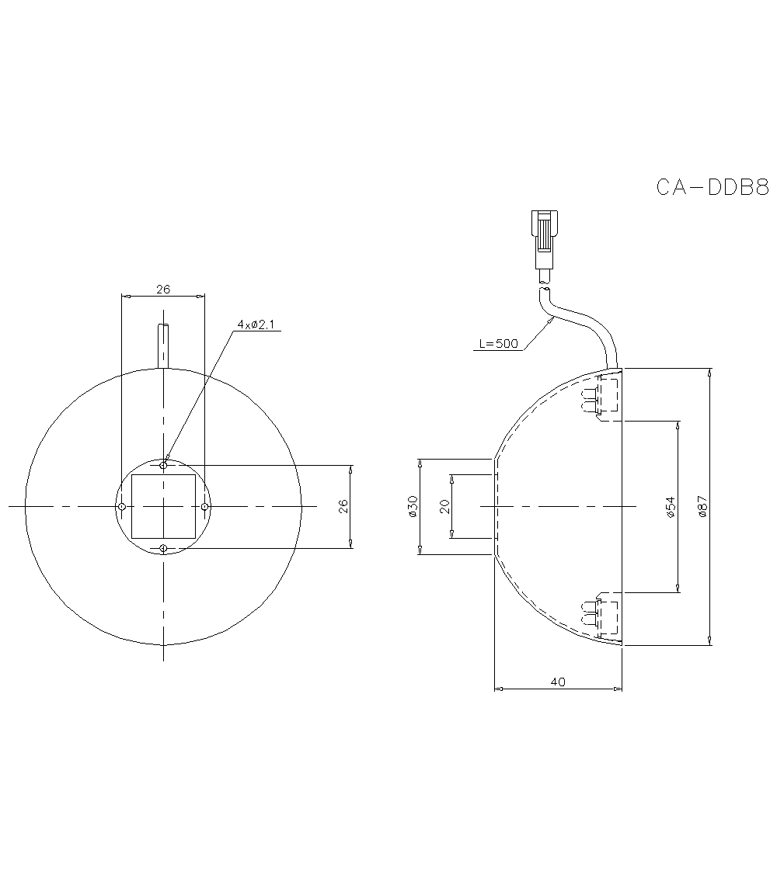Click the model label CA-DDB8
point(712,188)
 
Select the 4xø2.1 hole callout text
point(256,324)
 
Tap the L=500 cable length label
point(497,344)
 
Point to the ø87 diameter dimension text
point(702,506)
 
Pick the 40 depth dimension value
point(557,682)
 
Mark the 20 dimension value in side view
point(444,506)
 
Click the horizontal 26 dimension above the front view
point(163,289)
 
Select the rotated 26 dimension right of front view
point(343,506)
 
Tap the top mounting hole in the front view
point(163,465)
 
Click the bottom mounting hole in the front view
point(163,549)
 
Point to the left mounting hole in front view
point(122,507)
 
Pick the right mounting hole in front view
point(204,507)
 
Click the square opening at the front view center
point(163,507)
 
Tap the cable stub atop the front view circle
point(163,345)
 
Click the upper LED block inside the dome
point(601,396)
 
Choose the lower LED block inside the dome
point(601,616)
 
